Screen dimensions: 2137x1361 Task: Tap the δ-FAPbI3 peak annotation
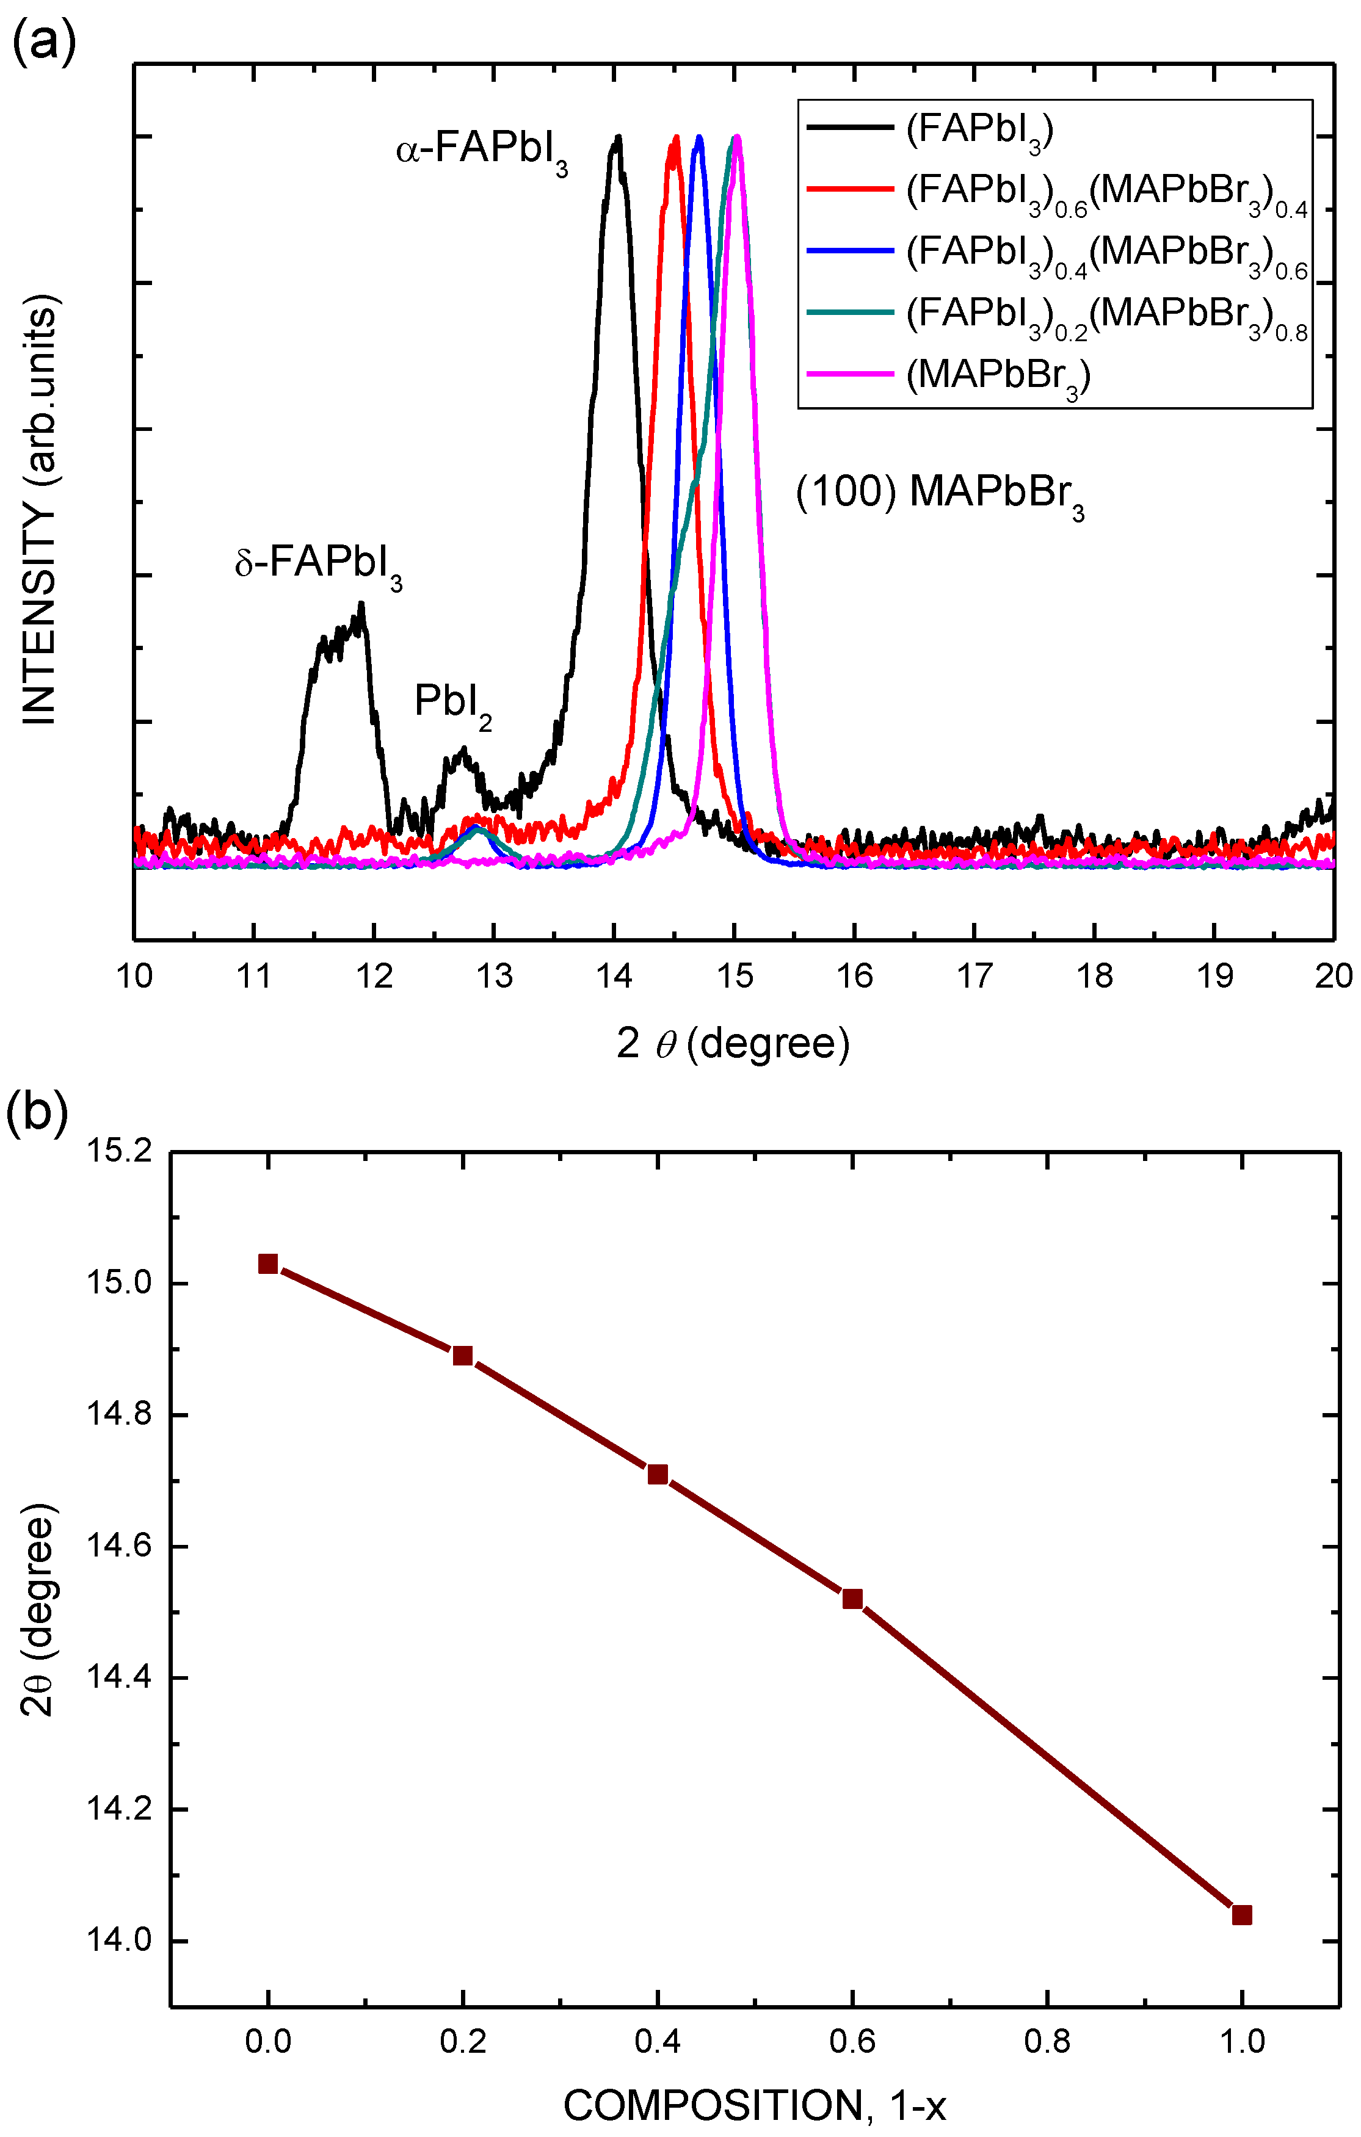click(x=318, y=563)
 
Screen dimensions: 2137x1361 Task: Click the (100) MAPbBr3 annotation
click(x=939, y=493)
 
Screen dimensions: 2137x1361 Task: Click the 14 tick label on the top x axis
click(x=614, y=976)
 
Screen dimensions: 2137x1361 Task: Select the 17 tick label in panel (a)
click(x=974, y=976)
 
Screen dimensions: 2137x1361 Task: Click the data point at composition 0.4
click(x=657, y=1474)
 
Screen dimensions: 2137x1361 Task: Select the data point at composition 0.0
click(x=268, y=1264)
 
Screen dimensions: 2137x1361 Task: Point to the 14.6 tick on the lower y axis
click(x=118, y=1547)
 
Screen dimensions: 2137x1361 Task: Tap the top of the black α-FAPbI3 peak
click(x=617, y=137)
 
